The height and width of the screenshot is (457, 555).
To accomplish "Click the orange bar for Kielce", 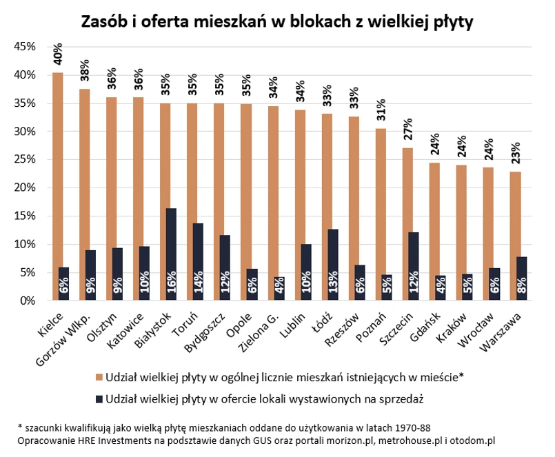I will click(x=58, y=186).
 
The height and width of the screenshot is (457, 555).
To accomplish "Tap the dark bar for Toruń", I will click(x=198, y=262).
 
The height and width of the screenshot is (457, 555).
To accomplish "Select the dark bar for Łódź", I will click(x=332, y=265).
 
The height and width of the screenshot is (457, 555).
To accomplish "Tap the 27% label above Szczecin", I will click(x=407, y=131).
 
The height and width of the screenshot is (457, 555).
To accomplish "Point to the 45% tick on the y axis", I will click(x=25, y=47).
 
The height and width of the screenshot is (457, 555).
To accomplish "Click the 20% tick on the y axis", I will click(x=25, y=187).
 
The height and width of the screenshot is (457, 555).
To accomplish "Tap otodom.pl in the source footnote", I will click(x=472, y=438).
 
